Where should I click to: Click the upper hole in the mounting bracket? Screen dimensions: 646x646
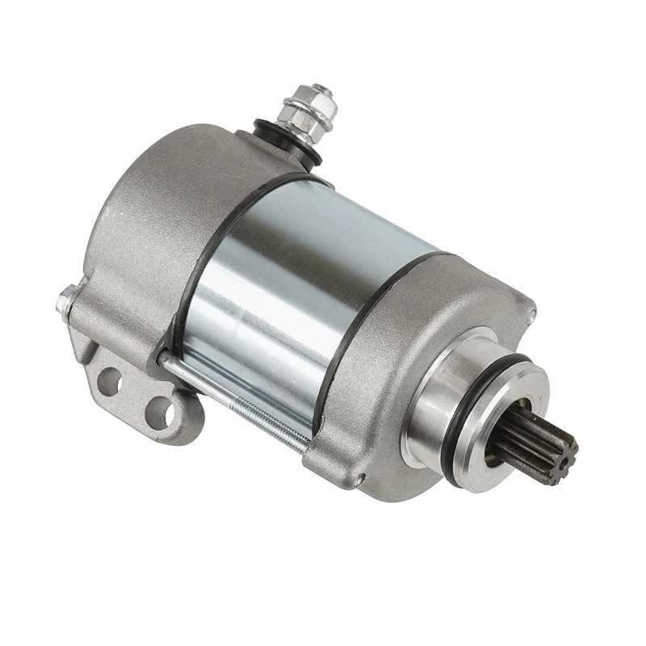(x=112, y=379)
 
